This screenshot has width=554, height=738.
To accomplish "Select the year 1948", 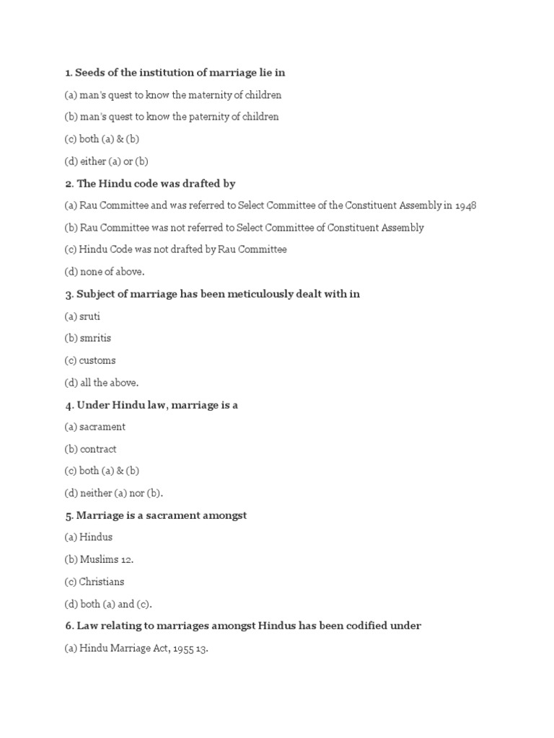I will click(x=466, y=205).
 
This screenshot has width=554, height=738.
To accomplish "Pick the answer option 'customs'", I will click(x=97, y=360).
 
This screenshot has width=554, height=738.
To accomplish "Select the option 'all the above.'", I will click(x=109, y=383).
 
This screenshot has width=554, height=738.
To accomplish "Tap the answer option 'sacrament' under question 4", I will click(x=102, y=427).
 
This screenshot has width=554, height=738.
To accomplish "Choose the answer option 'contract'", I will click(x=98, y=449).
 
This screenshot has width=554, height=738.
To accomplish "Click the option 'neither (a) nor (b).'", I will click(x=121, y=493).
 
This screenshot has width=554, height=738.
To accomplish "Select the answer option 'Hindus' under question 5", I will click(x=96, y=538).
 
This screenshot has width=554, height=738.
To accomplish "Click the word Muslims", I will click(x=100, y=559).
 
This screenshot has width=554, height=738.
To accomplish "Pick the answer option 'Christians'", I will click(x=102, y=582).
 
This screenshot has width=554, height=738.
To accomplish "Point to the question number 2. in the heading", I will click(x=69, y=184).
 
